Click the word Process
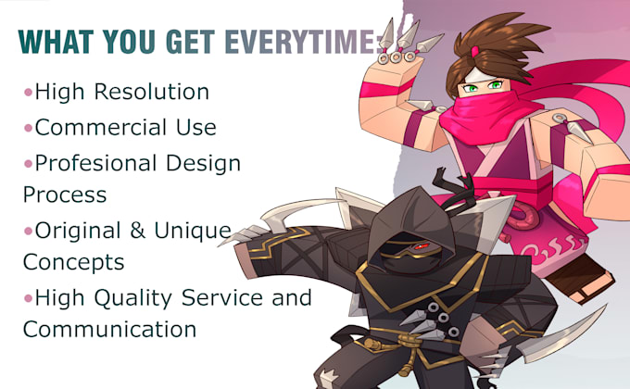[64, 195]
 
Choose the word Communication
[109, 329]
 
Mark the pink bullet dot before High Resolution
[27, 93]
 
